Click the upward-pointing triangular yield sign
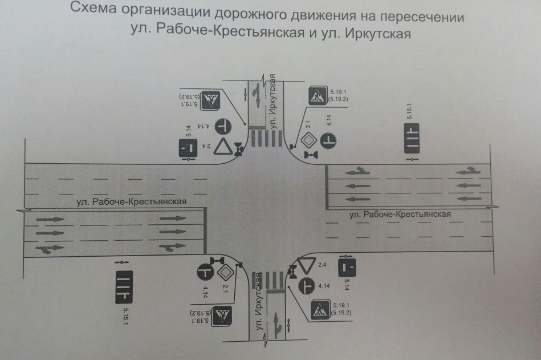pos(222,148)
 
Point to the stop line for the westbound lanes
pos(326,185)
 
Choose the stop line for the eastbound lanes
pos(205,231)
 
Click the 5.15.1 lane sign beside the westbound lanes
pos(412,137)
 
